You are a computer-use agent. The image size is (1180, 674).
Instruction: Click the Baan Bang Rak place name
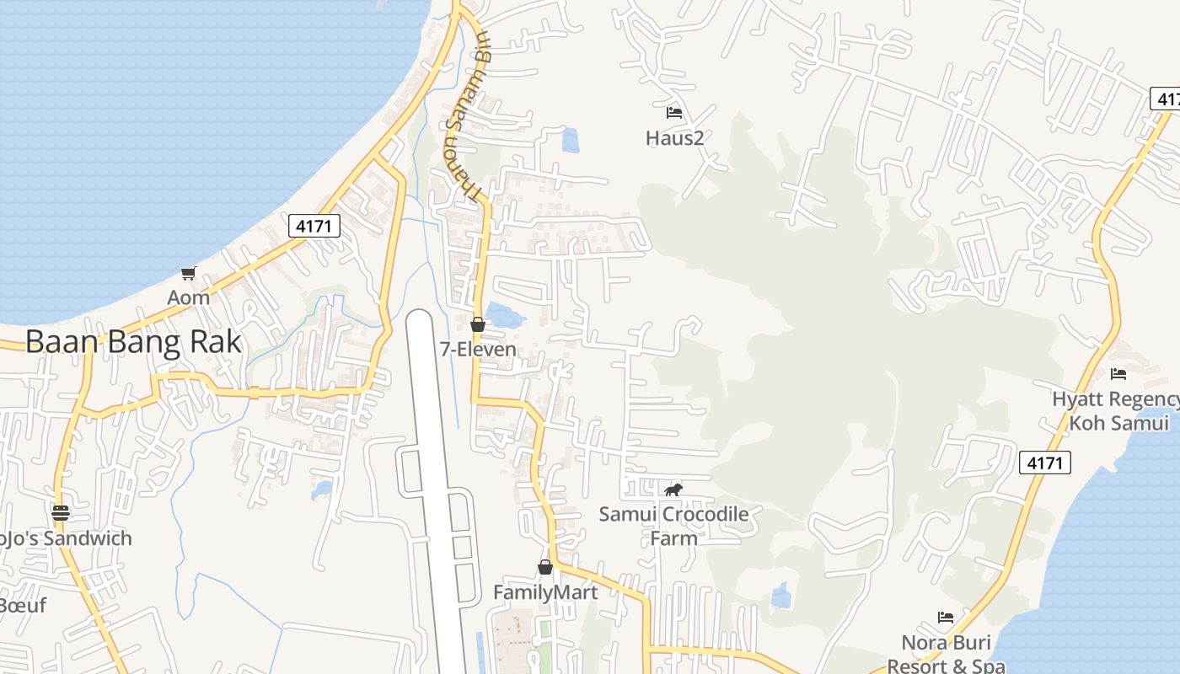point(133,342)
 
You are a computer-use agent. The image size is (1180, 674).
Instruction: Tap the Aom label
point(188,297)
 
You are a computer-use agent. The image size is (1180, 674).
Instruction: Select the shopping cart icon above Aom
point(188,273)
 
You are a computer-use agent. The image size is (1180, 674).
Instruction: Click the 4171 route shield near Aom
point(314,225)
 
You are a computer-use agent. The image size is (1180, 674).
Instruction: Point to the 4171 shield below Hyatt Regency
point(1044,462)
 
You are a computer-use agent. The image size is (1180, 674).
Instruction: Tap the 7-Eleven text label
point(478,349)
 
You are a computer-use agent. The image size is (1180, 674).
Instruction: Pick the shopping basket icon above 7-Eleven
point(478,324)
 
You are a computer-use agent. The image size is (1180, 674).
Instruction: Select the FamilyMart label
point(545,592)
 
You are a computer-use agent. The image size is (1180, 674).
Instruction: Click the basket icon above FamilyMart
point(545,568)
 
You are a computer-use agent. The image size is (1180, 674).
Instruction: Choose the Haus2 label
point(674,137)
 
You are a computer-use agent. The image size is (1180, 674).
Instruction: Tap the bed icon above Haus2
point(674,112)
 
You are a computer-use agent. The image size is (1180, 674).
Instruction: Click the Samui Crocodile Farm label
point(673,525)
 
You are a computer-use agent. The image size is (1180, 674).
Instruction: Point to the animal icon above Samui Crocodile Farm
point(673,489)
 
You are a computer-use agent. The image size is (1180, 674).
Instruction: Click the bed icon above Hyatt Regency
point(1118,374)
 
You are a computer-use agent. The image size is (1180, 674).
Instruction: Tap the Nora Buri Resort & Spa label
point(946,654)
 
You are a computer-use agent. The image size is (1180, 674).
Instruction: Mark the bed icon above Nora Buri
point(946,618)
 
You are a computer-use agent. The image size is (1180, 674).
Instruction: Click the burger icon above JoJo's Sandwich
point(60,512)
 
